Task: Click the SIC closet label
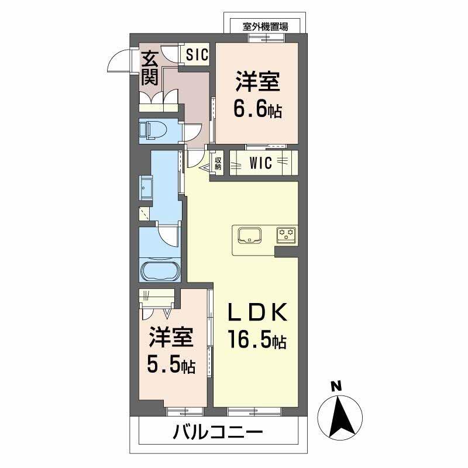click(197, 55)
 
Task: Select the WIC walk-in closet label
click(260, 163)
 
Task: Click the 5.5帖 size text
click(171, 366)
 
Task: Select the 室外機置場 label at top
click(261, 26)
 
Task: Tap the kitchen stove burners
click(287, 235)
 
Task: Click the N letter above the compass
click(335, 386)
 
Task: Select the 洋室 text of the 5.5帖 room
click(170, 338)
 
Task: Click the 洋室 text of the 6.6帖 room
click(257, 82)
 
